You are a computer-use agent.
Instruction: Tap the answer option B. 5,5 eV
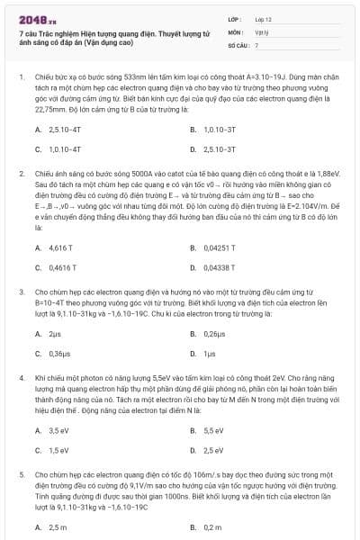[211, 430]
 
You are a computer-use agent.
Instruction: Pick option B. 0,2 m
[211, 526]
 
